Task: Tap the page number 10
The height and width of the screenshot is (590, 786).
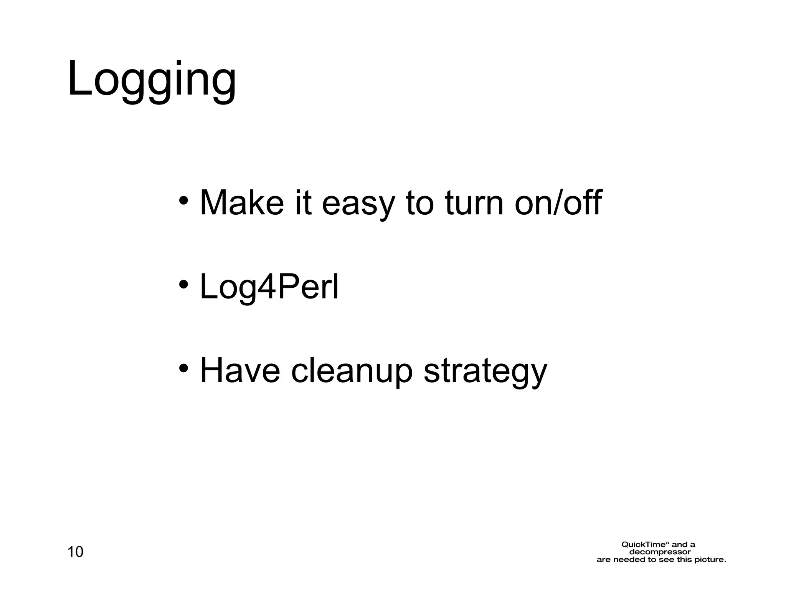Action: [75, 552]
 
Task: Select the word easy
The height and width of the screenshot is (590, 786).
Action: [358, 204]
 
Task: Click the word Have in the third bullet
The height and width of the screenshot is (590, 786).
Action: [240, 370]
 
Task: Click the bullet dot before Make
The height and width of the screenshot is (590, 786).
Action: [183, 201]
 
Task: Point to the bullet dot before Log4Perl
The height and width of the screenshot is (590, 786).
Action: [183, 285]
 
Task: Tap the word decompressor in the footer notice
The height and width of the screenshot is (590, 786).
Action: [660, 552]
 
